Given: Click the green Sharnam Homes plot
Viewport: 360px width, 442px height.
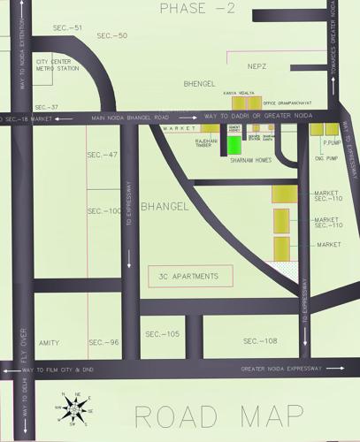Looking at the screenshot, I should click(234, 145).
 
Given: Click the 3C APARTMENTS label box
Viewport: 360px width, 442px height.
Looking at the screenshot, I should click(189, 277).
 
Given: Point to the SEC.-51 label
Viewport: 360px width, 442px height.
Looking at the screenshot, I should click(67, 28).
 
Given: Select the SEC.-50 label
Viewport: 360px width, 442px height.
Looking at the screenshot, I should click(112, 35).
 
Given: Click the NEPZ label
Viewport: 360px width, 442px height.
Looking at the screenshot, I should click(257, 66).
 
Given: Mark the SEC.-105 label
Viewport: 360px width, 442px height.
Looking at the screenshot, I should click(162, 333).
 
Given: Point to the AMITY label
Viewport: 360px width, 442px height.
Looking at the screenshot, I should click(49, 342).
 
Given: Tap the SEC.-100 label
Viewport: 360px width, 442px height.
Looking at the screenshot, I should click(104, 211).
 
